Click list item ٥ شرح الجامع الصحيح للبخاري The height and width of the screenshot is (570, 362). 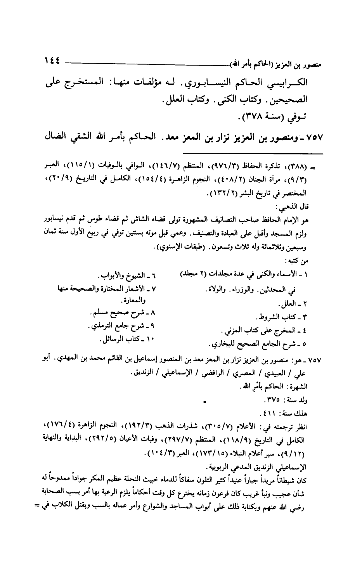tap(258, 344)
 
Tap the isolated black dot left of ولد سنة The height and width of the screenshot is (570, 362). tap(204, 402)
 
